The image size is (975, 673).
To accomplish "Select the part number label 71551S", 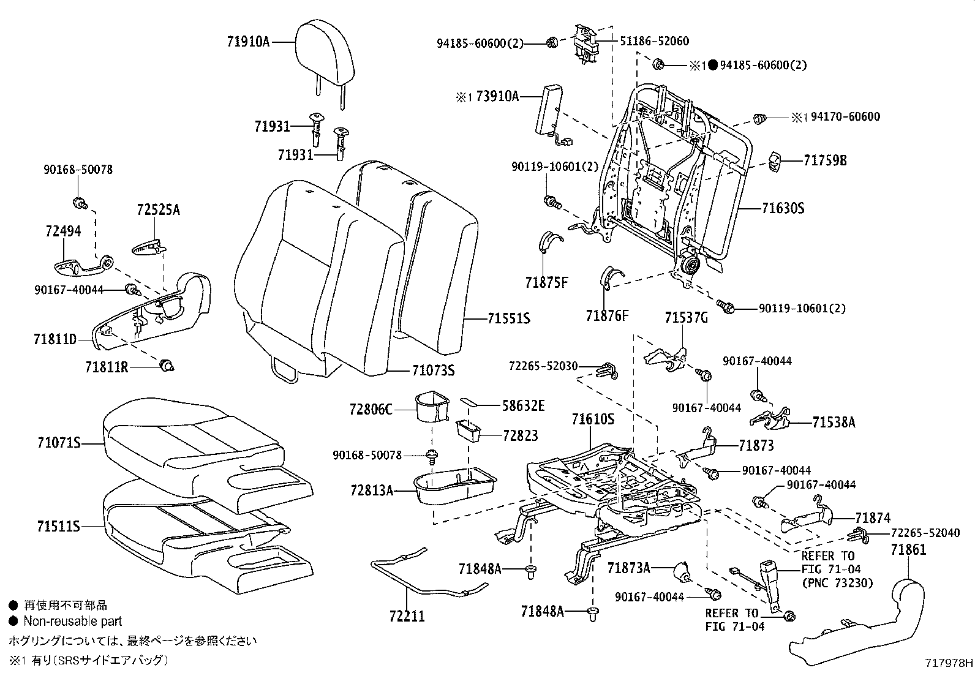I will point(509,318).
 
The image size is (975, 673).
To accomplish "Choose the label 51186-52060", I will point(653,41).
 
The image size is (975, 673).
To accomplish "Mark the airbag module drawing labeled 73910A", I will point(548,110).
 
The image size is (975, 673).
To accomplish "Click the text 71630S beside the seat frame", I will point(783,208).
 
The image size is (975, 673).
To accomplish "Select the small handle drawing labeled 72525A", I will point(149,247).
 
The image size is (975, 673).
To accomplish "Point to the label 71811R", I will point(107,367).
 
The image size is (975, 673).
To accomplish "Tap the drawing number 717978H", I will point(949,663).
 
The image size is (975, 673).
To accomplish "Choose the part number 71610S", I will point(592,419).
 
